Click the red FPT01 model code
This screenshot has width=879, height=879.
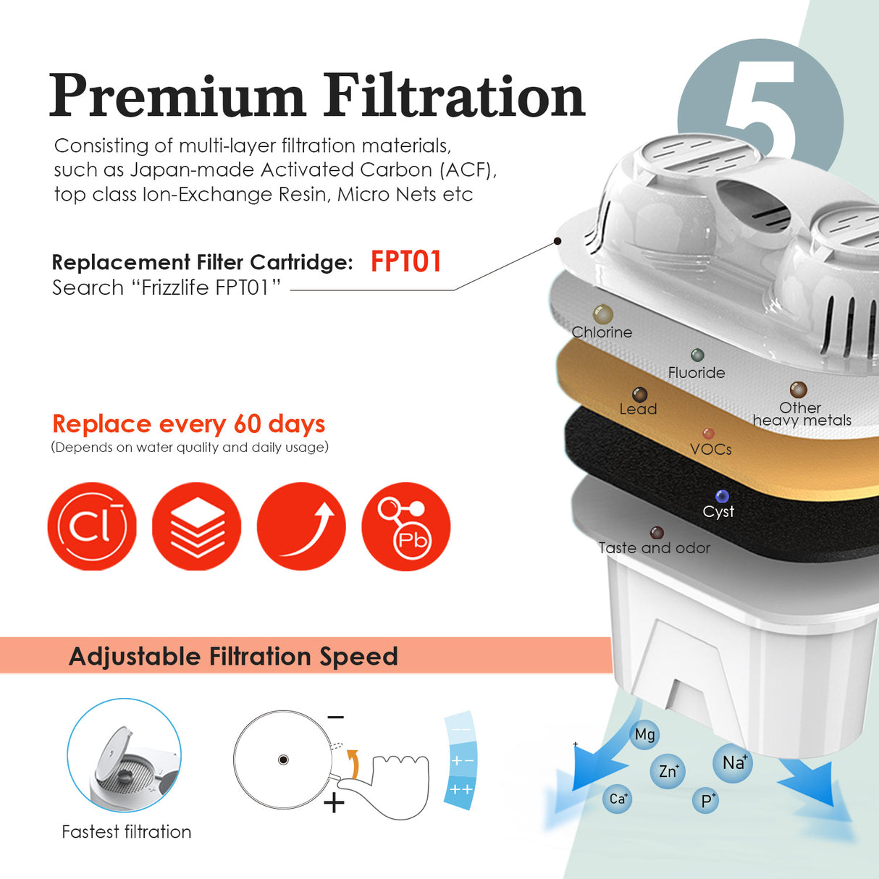pos(405,261)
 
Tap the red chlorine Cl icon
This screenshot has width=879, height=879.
pos(92,526)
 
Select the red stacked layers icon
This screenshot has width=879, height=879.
pos(196,526)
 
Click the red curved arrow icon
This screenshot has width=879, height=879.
pos(301,526)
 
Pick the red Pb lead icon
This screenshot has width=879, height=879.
pos(405,526)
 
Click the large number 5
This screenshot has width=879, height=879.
pos(760,109)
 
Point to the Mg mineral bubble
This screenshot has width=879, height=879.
pos(644,735)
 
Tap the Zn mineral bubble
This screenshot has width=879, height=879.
pos(668,771)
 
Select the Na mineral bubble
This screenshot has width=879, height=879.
pos(733,762)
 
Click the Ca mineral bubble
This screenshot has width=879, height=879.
pos(617,799)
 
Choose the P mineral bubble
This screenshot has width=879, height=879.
pos(707,801)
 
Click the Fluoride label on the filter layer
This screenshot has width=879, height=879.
pos(696,373)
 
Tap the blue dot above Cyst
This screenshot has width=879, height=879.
pos(722,496)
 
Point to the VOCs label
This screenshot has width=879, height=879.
pos(710,450)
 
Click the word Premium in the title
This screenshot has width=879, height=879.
pos(177,96)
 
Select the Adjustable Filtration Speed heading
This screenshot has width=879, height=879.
pos(233,656)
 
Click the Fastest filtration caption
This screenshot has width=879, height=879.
pos(127,832)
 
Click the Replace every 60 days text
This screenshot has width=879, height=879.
pos(188,424)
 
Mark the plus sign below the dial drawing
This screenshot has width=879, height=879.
pos(334,803)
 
